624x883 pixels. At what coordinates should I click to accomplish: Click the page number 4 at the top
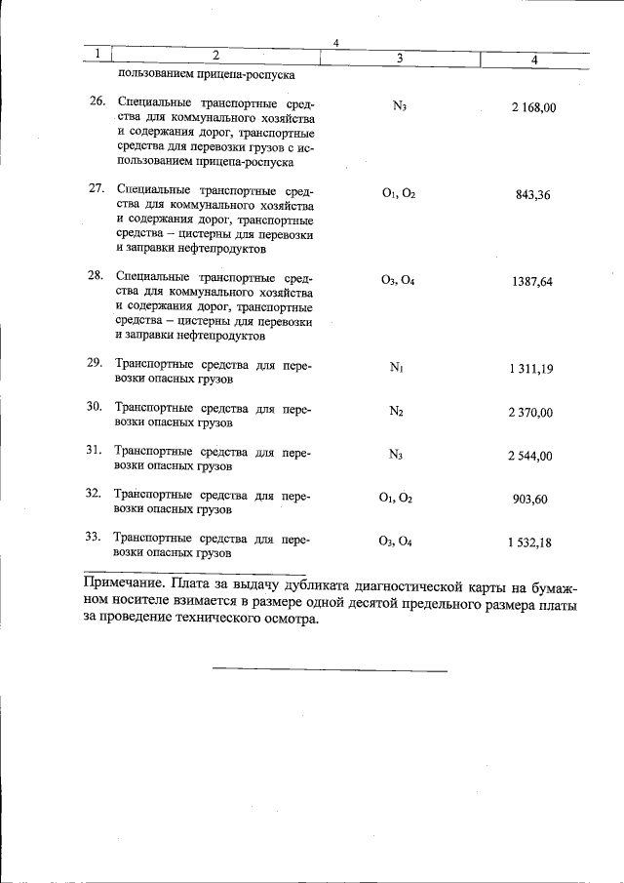pos(334,42)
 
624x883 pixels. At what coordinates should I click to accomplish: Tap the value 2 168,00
pos(532,106)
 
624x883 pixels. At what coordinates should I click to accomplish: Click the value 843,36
pos(532,194)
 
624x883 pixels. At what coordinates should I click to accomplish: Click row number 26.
pos(95,101)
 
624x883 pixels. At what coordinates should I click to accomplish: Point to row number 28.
pos(95,275)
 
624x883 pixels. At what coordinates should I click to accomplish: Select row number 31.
pos(95,450)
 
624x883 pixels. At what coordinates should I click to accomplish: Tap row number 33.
pos(94,537)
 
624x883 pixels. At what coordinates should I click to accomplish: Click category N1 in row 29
pos(397,369)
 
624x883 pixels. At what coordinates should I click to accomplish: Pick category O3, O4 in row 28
pos(398,281)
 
